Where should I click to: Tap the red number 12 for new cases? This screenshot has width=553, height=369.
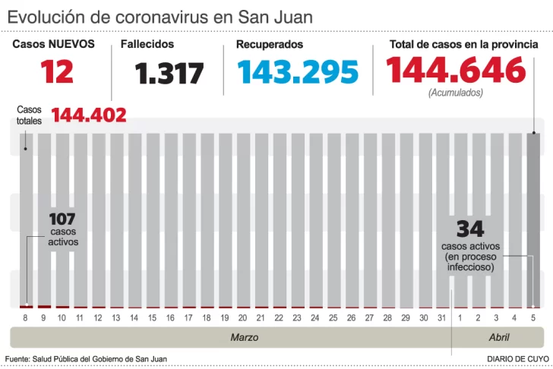[58, 72]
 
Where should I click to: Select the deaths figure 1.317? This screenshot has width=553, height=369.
[169, 74]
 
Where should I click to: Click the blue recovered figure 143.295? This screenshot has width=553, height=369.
[296, 72]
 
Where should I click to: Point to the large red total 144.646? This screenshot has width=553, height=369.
[455, 71]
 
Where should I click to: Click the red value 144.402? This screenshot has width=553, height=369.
[89, 115]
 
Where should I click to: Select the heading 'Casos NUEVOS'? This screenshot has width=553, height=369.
[53, 44]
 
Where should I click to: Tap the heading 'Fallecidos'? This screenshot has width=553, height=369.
[147, 44]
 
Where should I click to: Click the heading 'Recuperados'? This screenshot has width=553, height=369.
[270, 44]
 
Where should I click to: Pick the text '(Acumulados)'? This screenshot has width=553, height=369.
[455, 93]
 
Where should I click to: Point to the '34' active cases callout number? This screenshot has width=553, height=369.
[470, 229]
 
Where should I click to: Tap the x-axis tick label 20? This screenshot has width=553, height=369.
[242, 317]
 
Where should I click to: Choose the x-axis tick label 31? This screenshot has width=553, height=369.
[441, 317]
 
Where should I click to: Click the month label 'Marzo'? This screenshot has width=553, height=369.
[245, 337]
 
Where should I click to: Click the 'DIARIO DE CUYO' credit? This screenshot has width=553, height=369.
[518, 358]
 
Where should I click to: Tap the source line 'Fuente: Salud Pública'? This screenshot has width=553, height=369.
[86, 358]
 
